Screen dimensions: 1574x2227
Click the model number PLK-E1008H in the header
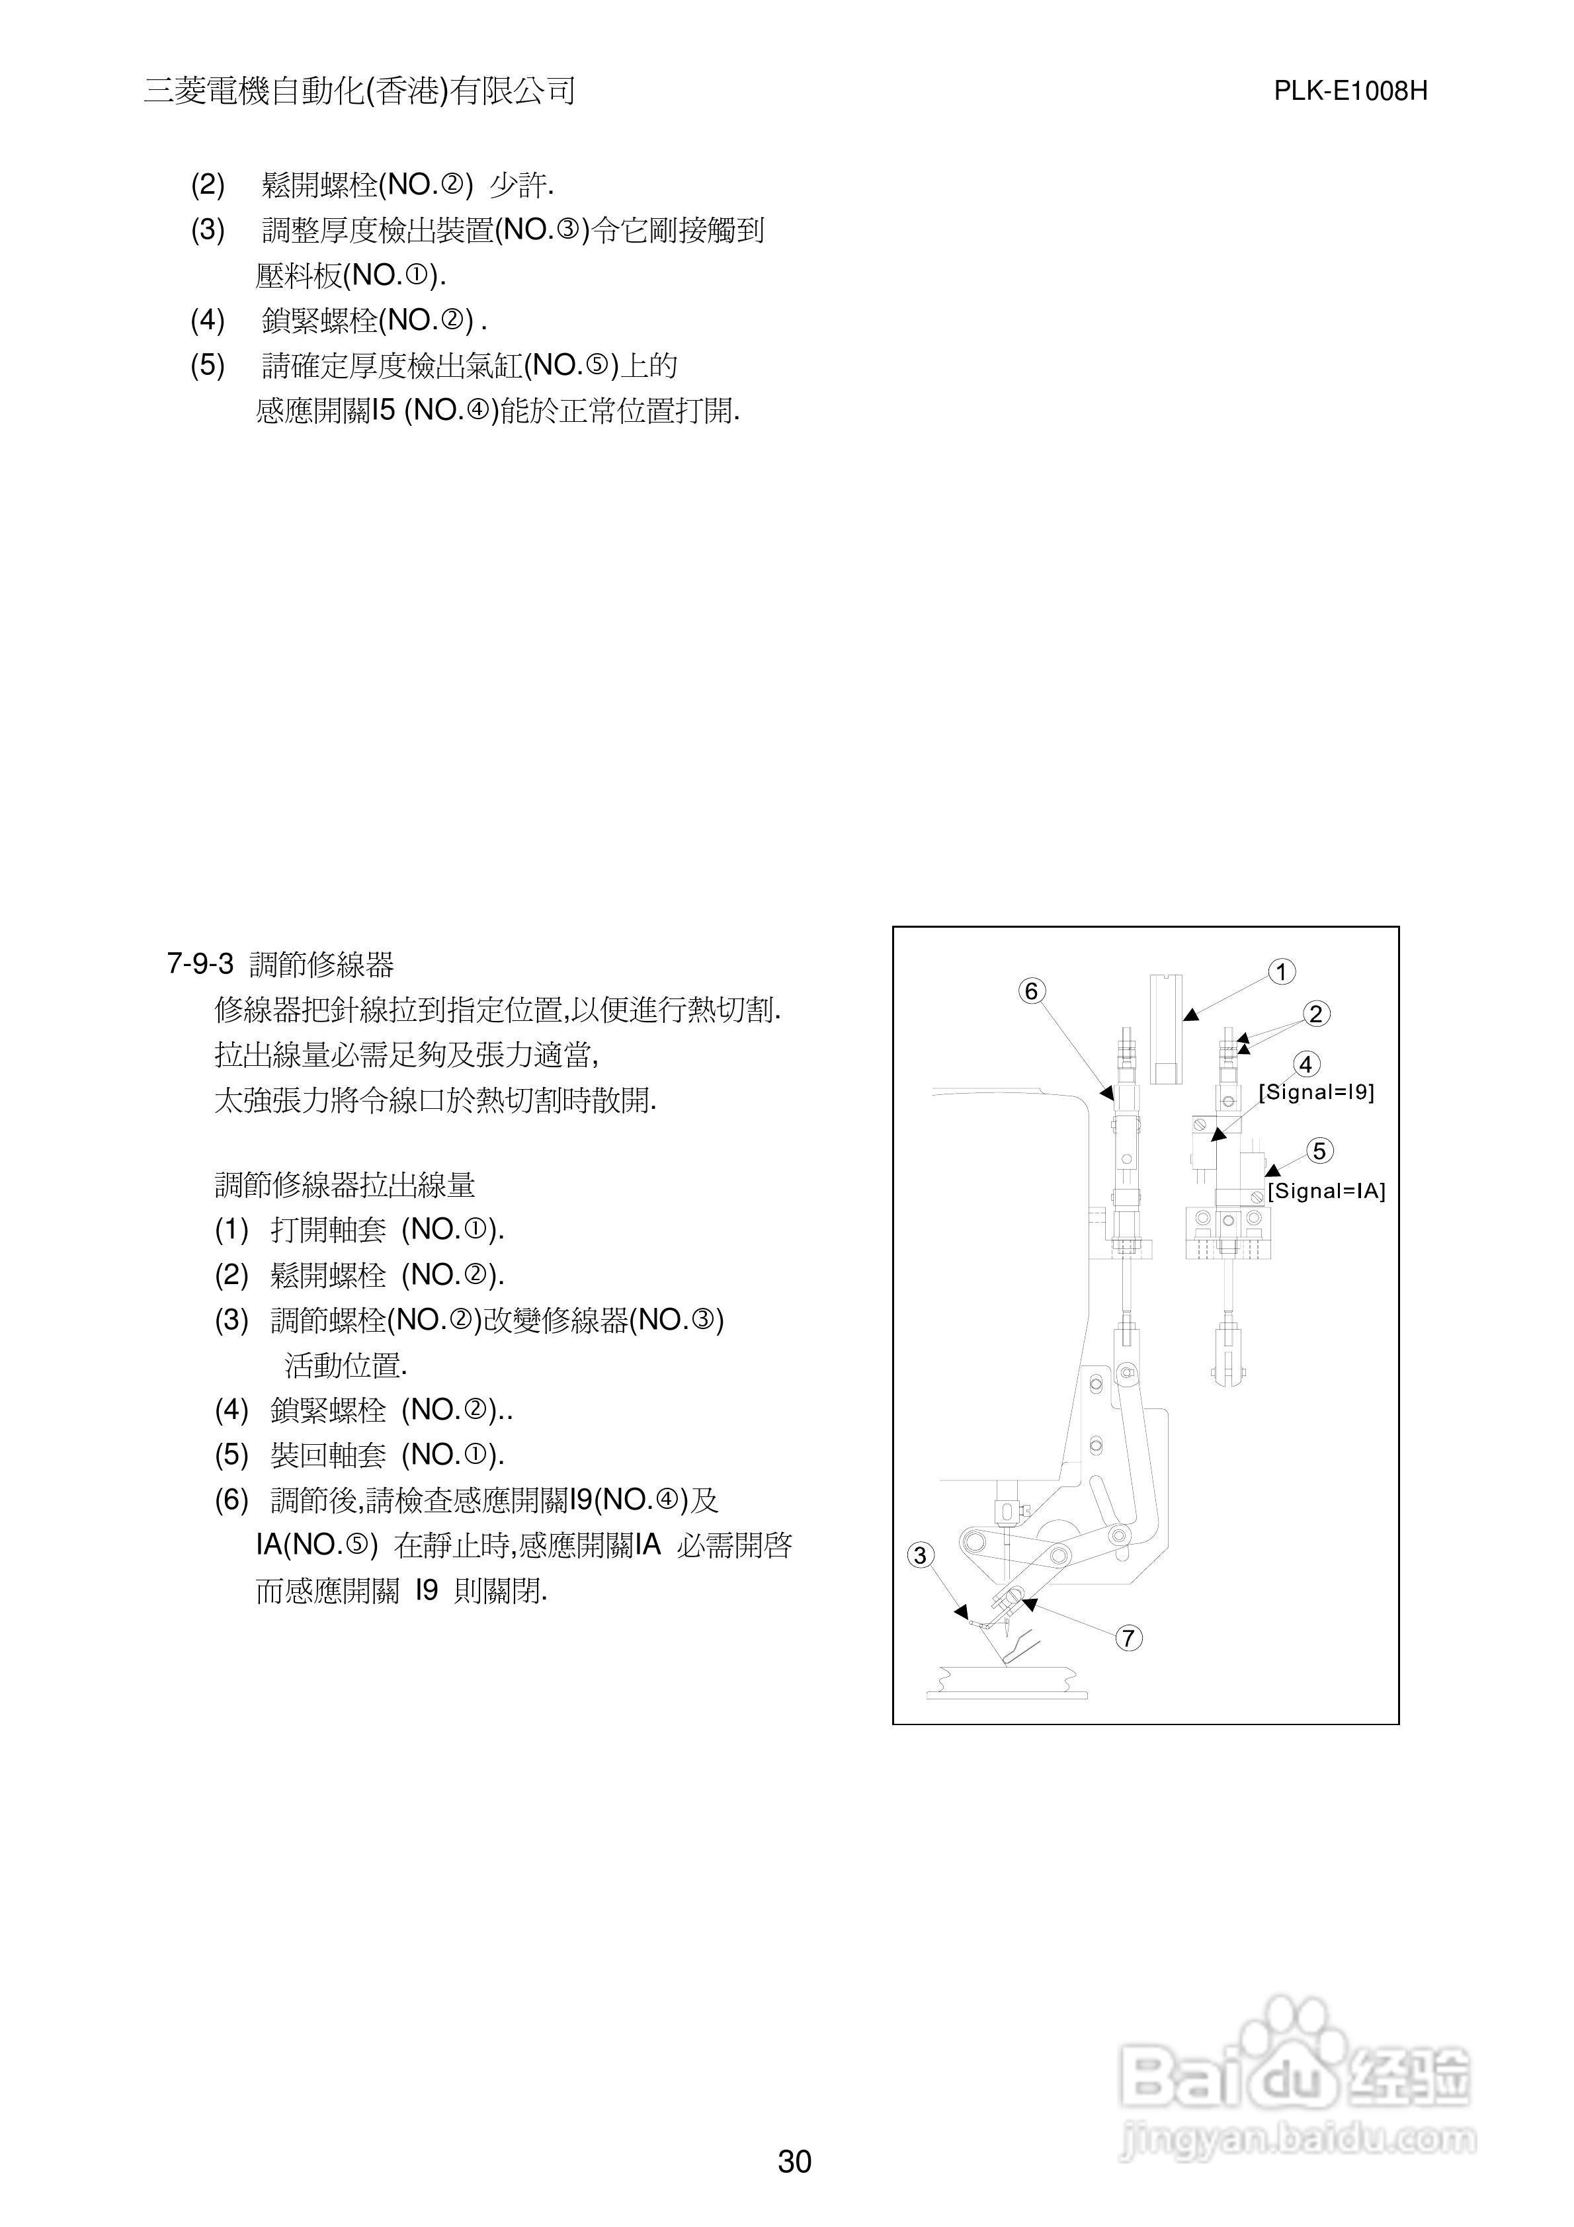(1350, 91)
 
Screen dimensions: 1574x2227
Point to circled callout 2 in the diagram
(1315, 1014)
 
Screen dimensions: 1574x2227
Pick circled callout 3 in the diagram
(921, 1556)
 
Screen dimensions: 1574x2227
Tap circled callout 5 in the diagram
(1319, 1151)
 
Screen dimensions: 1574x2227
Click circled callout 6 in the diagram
(1032, 991)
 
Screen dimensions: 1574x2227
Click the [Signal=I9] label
(1316, 1092)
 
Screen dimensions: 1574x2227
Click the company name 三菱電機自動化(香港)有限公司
(360, 91)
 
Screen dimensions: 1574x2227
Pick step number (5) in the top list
(208, 366)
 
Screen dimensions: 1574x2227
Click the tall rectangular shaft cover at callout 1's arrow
(1167, 1028)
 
